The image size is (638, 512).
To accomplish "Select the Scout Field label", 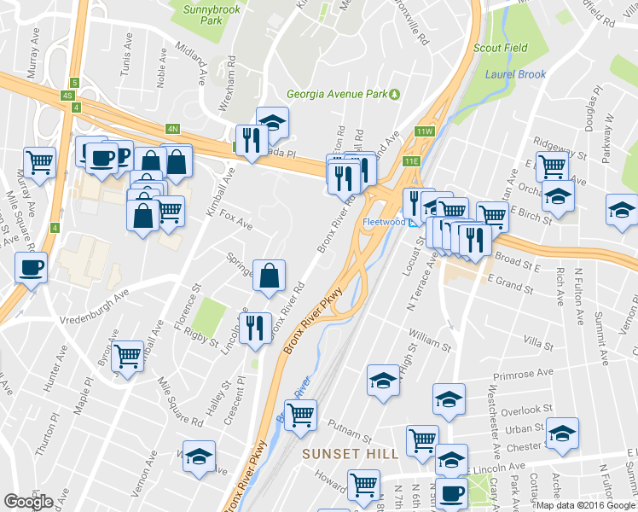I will (x=502, y=49).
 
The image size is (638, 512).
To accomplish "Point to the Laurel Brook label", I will (x=515, y=74).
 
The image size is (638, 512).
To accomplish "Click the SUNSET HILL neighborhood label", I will (x=350, y=454).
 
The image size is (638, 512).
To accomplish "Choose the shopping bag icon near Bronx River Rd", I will (x=269, y=275).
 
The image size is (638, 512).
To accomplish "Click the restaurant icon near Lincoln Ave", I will (x=254, y=328).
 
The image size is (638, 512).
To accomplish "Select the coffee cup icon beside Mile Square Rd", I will (x=31, y=268).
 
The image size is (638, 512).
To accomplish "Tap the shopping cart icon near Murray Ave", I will (x=39, y=160).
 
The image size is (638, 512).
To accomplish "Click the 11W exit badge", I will (x=425, y=131).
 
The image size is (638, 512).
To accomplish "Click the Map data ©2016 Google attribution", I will (x=585, y=505).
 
